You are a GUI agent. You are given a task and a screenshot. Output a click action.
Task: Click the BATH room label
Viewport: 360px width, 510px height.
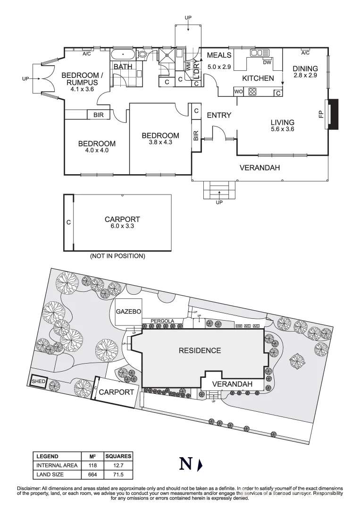coord(123,67)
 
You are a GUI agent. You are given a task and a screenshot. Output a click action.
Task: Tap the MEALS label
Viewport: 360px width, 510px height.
coord(219,55)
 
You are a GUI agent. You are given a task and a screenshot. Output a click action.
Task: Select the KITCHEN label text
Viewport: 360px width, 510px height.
coord(258,78)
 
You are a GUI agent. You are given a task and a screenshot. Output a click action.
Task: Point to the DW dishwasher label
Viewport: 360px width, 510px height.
coord(267,62)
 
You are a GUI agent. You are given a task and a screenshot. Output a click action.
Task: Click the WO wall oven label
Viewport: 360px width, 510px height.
coord(239,92)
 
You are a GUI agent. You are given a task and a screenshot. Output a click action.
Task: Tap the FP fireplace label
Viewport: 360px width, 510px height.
coord(321,114)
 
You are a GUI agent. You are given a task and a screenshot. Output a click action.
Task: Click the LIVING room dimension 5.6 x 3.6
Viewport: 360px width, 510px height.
coord(283,129)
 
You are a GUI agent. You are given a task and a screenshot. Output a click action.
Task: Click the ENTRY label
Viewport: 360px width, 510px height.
coord(219,115)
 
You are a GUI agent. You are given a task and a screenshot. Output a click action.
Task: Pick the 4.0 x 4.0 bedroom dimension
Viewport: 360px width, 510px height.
coord(97,151)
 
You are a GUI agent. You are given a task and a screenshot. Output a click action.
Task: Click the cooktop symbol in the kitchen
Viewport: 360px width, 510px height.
coord(252,92)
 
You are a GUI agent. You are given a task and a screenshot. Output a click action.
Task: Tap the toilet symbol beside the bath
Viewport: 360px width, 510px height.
coord(142,55)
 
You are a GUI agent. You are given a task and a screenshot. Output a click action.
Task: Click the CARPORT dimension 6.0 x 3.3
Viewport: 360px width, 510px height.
coord(122,226)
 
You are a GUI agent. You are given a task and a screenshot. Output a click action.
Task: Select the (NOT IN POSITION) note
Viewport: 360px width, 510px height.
coord(117,256)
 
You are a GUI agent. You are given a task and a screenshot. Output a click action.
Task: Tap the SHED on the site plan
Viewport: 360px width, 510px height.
coord(38,381)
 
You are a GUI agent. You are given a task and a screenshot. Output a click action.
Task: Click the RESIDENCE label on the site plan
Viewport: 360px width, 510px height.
coord(200,350)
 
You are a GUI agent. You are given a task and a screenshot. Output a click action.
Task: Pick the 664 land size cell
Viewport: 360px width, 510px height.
coord(93,475)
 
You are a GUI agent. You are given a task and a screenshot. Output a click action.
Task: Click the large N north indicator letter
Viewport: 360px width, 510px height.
coord(185,465)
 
